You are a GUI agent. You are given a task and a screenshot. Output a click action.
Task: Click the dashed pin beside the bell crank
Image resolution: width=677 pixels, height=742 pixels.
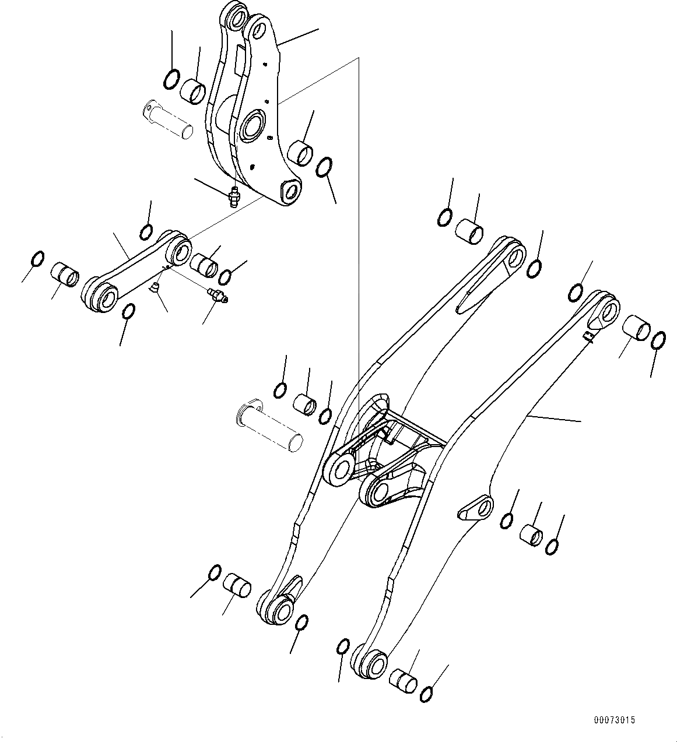pyautogui.click(x=168, y=120)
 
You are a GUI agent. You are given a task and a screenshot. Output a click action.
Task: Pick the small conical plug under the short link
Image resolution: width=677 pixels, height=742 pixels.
pyautogui.click(x=155, y=287)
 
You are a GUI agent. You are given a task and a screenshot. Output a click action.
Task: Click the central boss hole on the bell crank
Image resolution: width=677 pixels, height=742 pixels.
pyautogui.click(x=252, y=125)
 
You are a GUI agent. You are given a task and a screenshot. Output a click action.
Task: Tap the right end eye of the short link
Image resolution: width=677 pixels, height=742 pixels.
pyautogui.click(x=180, y=251)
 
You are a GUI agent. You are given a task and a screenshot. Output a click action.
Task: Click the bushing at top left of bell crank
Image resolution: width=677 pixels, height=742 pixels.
pyautogui.click(x=194, y=92)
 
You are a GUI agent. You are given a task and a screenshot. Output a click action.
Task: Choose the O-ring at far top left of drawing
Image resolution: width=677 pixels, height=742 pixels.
pyautogui.click(x=170, y=79)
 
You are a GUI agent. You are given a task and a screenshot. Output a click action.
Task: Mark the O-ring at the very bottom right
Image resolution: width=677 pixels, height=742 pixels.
pyautogui.click(x=427, y=693)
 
